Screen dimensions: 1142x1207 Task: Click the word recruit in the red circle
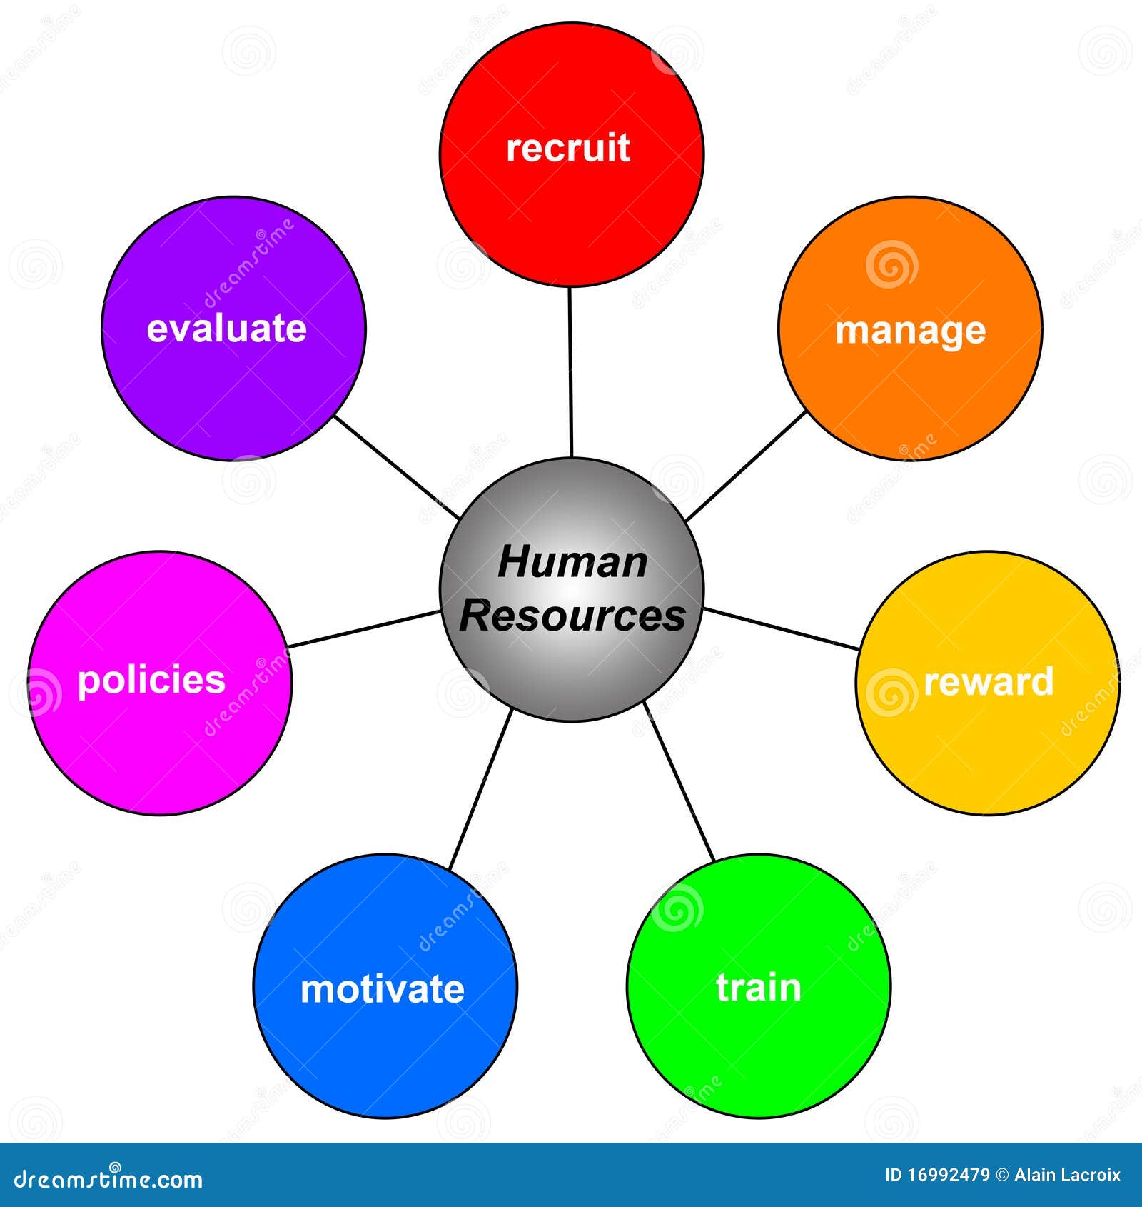tap(567, 148)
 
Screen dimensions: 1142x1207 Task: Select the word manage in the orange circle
tap(911, 331)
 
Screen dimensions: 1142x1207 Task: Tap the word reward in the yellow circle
tap(989, 681)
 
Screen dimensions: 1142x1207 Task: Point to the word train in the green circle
tap(759, 988)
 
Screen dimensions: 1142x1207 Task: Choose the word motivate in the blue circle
tap(383, 989)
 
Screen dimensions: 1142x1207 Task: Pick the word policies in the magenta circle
tap(151, 680)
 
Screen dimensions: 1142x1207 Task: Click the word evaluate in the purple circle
tap(226, 329)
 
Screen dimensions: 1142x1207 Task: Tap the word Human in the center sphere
tap(572, 562)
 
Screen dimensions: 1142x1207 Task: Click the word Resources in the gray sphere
tap(572, 615)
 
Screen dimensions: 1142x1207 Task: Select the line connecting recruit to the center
tap(570, 371)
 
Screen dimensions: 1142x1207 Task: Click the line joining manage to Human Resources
tap(745, 466)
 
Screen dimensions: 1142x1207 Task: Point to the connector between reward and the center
tap(781, 628)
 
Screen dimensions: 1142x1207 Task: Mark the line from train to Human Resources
tap(679, 781)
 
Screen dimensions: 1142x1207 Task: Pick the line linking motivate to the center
tap(480, 789)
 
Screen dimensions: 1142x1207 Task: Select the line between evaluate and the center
tap(397, 467)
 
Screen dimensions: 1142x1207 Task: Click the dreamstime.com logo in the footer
tap(108, 1178)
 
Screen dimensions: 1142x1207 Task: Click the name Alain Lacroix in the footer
tap(1068, 1175)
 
